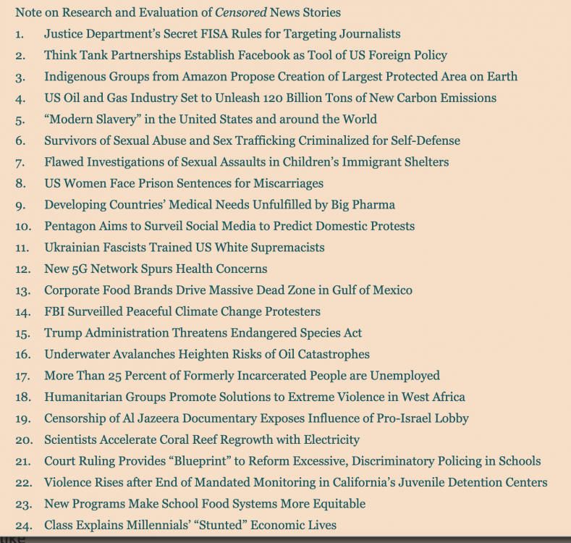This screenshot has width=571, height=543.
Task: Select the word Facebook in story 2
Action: coord(266,55)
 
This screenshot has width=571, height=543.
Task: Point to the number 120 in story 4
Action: coord(287,98)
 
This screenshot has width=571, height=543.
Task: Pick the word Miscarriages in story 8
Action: coord(289,183)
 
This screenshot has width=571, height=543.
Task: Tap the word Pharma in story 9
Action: coord(376,204)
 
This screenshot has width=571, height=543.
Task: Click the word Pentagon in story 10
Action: coord(69,226)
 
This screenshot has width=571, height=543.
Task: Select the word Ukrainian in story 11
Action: coord(72,247)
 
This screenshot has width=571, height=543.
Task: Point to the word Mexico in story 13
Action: coord(392,290)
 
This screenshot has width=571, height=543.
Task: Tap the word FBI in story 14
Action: coord(56,311)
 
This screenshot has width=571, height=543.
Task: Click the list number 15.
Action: coord(22,333)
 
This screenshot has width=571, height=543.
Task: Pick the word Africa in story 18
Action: coord(447,397)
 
